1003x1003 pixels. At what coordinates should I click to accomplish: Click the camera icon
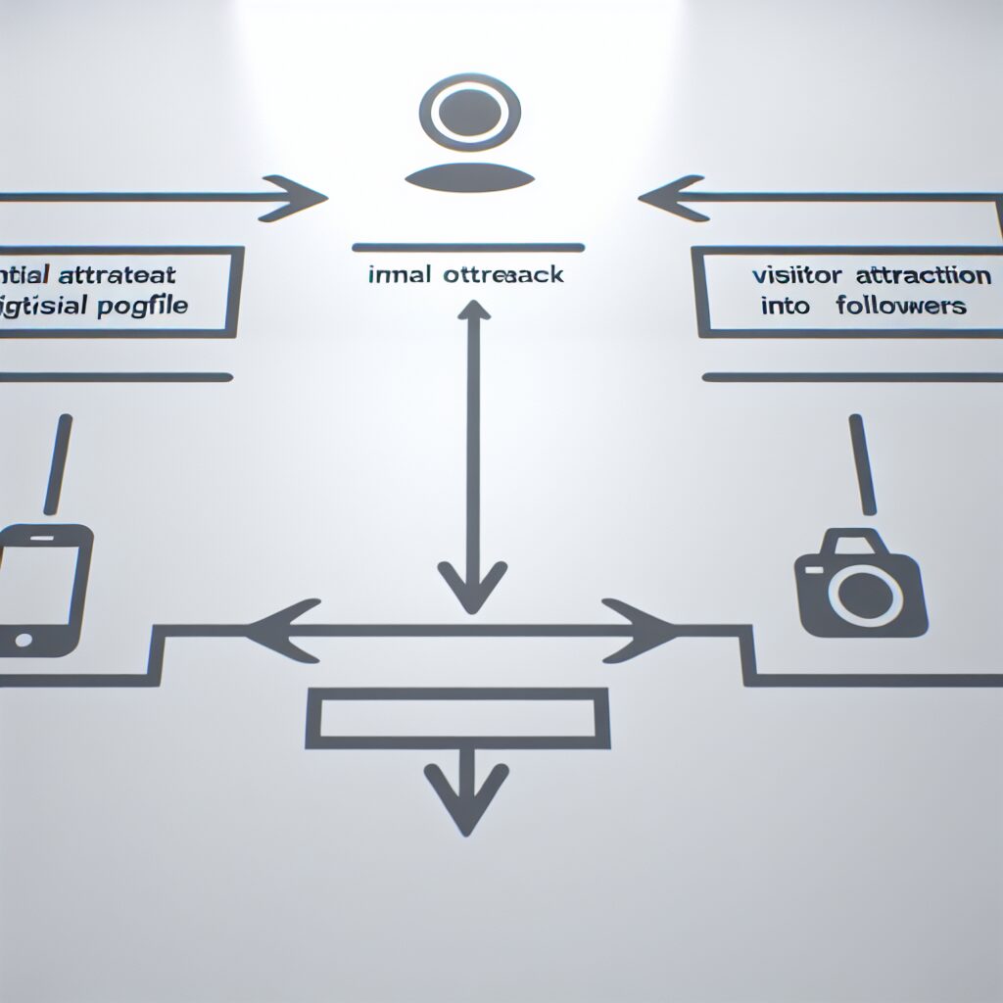(859, 585)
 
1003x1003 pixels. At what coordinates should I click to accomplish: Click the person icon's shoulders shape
(468, 177)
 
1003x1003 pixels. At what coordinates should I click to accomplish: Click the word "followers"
(901, 306)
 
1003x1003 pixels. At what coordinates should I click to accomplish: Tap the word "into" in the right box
(787, 306)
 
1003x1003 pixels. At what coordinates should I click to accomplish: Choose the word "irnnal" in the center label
(400, 275)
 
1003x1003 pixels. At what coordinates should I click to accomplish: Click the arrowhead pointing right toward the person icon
(301, 197)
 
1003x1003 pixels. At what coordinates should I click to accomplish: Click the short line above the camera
(860, 463)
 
